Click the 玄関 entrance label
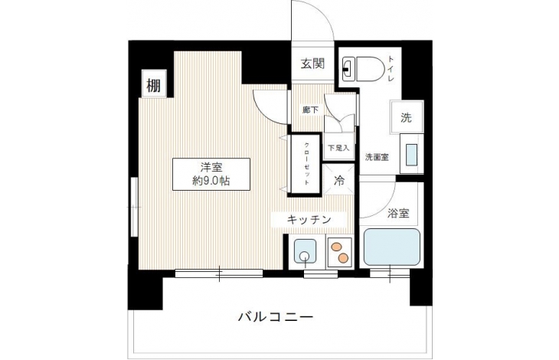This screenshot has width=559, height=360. coord(312,64)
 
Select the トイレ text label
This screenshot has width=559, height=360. coord(391,68)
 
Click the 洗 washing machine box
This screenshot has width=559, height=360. coord(407,117)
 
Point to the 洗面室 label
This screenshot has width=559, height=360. coord(377,157)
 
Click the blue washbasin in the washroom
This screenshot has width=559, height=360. coord(411,154)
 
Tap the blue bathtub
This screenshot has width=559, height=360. coord(392,247)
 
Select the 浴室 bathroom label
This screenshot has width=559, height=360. coord(398,213)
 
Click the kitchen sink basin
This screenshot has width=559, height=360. coord(305,251)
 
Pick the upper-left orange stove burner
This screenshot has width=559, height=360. coord(336,247)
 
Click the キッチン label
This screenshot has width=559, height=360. coord(309,220)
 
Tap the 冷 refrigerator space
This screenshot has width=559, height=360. coord(338,180)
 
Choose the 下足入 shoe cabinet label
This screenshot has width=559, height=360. coord(338,148)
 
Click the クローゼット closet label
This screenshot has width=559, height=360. coord(306,164)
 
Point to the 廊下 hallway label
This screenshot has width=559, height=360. coord(310,110)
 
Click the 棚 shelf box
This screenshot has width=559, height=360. coord(154,85)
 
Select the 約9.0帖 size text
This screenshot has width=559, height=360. coord(211,181)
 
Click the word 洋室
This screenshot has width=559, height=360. coord(211,168)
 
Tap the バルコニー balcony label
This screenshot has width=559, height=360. coord(276,316)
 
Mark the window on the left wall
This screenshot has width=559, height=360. coord(134,207)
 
